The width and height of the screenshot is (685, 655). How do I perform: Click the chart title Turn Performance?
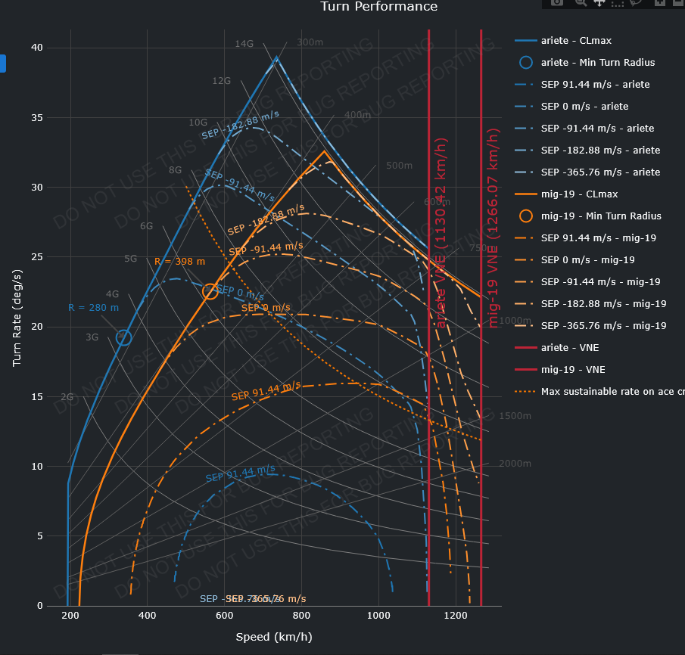pyautogui.click(x=378, y=7)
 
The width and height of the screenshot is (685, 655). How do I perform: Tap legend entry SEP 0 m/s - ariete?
pyautogui.click(x=584, y=107)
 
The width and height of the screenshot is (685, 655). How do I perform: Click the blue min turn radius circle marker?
pyautogui.click(x=124, y=338)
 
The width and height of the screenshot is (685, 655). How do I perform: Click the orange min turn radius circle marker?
pyautogui.click(x=210, y=292)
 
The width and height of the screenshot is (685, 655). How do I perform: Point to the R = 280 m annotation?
pyautogui.click(x=93, y=308)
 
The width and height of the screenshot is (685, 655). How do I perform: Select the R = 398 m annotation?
pyautogui.click(x=179, y=262)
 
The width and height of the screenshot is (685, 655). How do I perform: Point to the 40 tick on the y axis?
pyautogui.click(x=36, y=48)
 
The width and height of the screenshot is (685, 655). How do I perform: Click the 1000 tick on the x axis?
pyautogui.click(x=378, y=616)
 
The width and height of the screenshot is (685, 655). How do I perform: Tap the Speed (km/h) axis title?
pyautogui.click(x=274, y=638)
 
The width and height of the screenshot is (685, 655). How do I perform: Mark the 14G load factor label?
pyautogui.click(x=244, y=44)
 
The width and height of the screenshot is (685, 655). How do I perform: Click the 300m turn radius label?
pyautogui.click(x=310, y=42)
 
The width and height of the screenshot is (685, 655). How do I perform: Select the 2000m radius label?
pyautogui.click(x=515, y=464)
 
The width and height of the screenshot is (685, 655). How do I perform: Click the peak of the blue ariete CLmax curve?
pyautogui.click(x=276, y=57)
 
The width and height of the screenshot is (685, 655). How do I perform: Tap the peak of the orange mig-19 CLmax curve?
pyautogui.click(x=325, y=151)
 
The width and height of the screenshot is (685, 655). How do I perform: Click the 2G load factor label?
pyautogui.click(x=67, y=397)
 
